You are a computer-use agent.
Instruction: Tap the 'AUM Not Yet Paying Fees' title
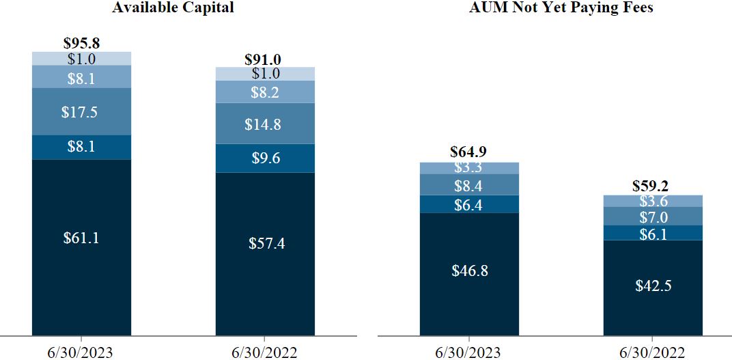click(x=561, y=8)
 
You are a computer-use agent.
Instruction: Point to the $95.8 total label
click(x=82, y=43)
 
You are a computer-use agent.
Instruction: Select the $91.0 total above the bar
click(x=265, y=59)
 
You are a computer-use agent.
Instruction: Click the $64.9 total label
click(x=468, y=152)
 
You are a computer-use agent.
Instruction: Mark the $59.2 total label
click(x=652, y=185)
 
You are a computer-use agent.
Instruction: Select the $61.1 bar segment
click(x=82, y=238)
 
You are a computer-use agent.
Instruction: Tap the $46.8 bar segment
click(x=468, y=271)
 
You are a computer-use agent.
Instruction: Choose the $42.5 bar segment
click(x=652, y=286)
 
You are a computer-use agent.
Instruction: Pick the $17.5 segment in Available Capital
click(x=82, y=112)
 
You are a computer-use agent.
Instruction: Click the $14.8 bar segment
click(x=265, y=124)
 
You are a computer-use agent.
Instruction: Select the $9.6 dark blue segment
click(x=265, y=158)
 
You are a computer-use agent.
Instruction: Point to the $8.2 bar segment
click(x=265, y=92)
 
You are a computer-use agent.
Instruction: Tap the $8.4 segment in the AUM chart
click(x=468, y=185)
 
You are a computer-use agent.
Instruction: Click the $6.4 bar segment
click(x=468, y=204)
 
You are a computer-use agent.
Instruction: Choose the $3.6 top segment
click(x=652, y=201)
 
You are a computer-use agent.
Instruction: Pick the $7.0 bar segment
click(x=652, y=217)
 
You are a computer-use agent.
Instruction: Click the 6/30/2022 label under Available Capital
click(x=265, y=351)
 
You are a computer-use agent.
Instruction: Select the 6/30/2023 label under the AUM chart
click(x=468, y=351)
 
